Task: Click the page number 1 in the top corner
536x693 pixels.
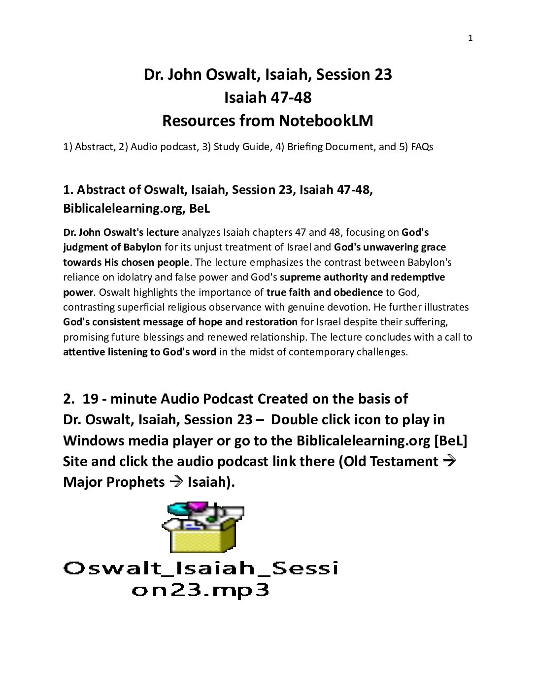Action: pos(470,38)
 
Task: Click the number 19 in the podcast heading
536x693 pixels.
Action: pos(90,399)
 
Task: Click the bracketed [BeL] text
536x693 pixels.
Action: pos(450,440)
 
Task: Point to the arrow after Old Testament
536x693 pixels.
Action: pos(449,461)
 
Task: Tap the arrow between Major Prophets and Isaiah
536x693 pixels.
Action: pos(176,482)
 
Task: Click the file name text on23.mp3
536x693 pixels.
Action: pos(201,590)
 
